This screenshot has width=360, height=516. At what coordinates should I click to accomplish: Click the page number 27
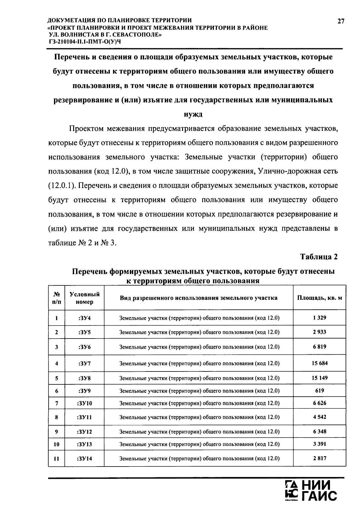point(341,21)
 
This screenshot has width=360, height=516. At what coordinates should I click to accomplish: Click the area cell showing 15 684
point(319,363)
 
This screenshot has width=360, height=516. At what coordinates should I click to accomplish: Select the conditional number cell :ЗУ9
point(85,391)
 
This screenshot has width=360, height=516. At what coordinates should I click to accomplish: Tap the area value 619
point(319,391)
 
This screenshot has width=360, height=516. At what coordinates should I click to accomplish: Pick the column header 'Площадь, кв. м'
point(319,298)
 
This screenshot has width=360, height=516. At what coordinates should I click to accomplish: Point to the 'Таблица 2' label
point(319,257)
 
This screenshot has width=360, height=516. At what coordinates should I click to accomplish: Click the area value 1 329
point(319,318)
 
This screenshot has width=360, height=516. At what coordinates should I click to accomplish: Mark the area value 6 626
point(319,403)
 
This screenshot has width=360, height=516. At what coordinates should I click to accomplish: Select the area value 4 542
point(319,417)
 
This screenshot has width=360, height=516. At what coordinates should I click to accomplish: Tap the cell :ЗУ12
point(85,432)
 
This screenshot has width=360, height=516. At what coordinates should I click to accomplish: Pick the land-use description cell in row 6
point(199,391)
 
